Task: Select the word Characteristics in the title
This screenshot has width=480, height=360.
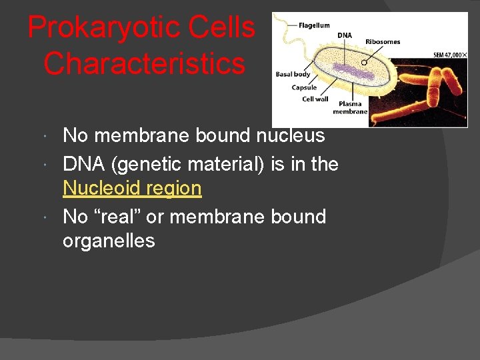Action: tap(143, 64)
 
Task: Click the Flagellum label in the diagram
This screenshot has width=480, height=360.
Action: tap(314, 25)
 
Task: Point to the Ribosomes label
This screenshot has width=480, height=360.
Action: tap(383, 41)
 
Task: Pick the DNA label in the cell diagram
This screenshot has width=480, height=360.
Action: tap(345, 35)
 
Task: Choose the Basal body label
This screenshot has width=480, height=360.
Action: tap(293, 74)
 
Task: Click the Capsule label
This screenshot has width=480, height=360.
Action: tap(304, 87)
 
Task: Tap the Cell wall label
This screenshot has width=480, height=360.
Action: tap(315, 99)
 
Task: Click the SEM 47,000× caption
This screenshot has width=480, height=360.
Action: tap(450, 55)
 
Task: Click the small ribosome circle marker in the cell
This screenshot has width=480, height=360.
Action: tap(364, 62)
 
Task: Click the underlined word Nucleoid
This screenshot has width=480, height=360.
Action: tap(101, 189)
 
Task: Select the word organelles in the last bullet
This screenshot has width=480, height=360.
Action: tap(109, 241)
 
